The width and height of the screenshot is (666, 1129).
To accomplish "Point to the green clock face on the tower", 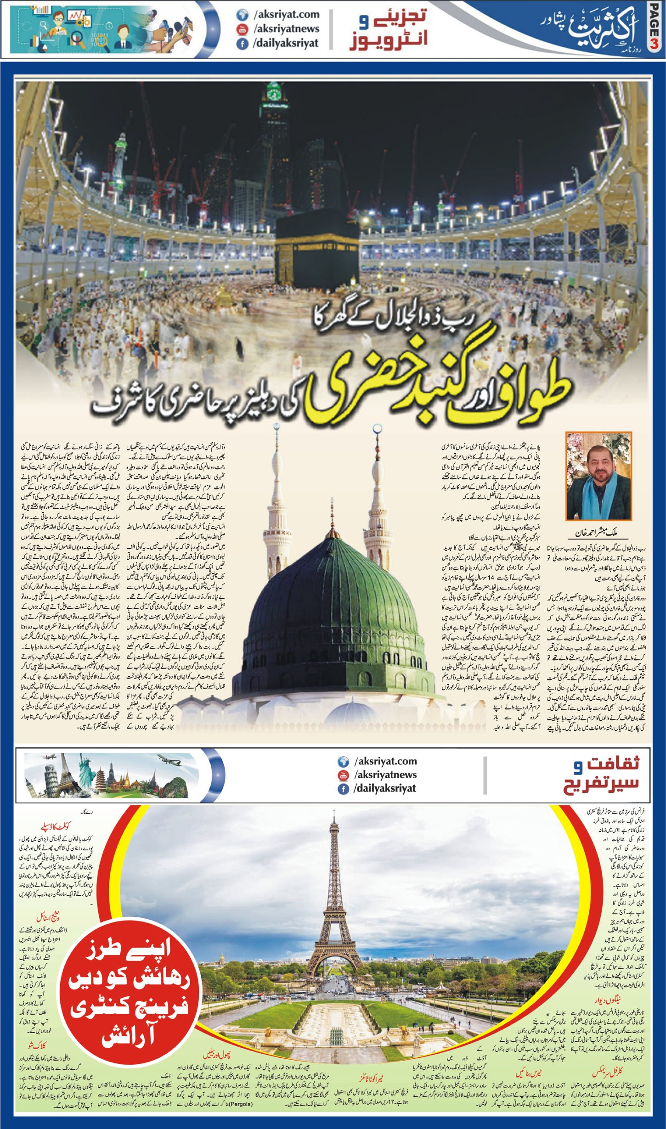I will (x=274, y=94).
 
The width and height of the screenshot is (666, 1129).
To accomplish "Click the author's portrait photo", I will (x=599, y=476).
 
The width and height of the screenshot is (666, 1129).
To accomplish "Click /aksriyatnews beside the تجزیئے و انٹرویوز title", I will (x=286, y=29).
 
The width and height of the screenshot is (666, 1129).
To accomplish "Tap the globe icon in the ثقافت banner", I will (x=343, y=761).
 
